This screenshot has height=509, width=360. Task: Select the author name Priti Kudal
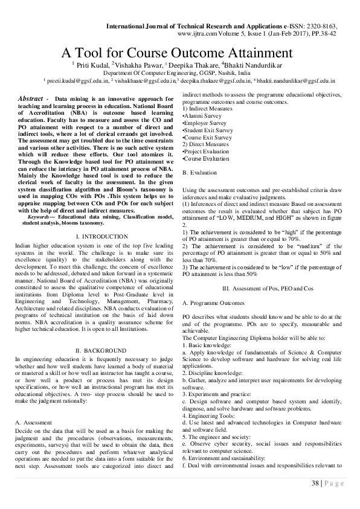[x=92, y=65]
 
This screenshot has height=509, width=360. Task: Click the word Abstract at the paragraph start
[x=31, y=98]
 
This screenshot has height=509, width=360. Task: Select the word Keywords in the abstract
[x=42, y=217]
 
